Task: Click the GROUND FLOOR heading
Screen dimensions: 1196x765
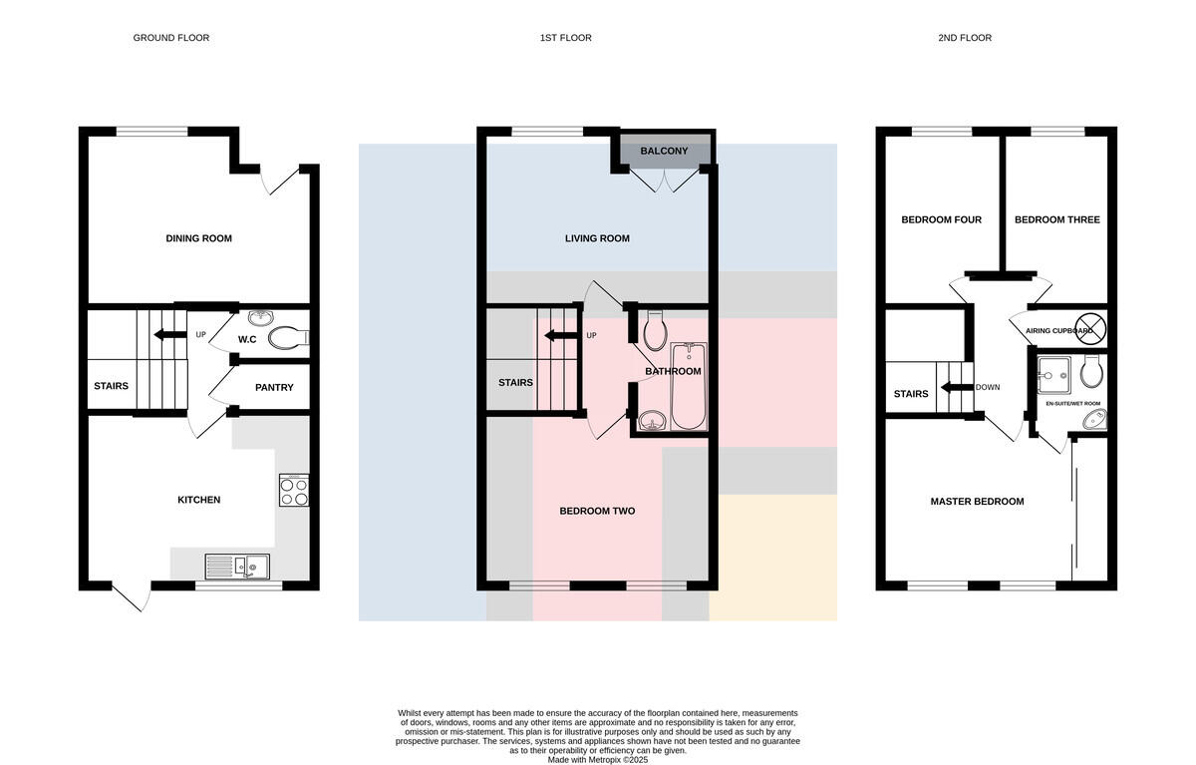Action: tap(170, 38)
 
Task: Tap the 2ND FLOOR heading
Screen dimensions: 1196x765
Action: tap(965, 38)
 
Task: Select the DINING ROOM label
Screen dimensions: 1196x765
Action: tap(198, 238)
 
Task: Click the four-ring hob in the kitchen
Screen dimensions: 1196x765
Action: tap(294, 491)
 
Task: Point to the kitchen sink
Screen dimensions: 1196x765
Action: tap(237, 567)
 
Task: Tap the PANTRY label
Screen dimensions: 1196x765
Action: tap(274, 387)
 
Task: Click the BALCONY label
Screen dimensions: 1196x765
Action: tap(664, 152)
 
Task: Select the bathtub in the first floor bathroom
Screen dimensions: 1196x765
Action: tap(689, 386)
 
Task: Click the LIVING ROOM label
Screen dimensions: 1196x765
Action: tap(597, 238)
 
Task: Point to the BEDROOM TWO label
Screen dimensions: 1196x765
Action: tap(597, 511)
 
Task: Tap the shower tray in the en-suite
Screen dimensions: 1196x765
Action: tap(1053, 376)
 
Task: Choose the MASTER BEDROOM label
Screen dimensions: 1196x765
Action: tap(977, 501)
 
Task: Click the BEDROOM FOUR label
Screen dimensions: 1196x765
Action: tap(941, 219)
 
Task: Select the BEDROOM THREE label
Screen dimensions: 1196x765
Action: tap(1057, 219)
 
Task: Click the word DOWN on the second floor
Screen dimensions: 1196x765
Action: tap(988, 387)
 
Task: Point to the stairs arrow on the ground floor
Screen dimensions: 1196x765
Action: tap(170, 335)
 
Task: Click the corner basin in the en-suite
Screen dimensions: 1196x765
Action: tap(1094, 420)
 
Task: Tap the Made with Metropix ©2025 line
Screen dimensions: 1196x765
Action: tap(597, 760)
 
